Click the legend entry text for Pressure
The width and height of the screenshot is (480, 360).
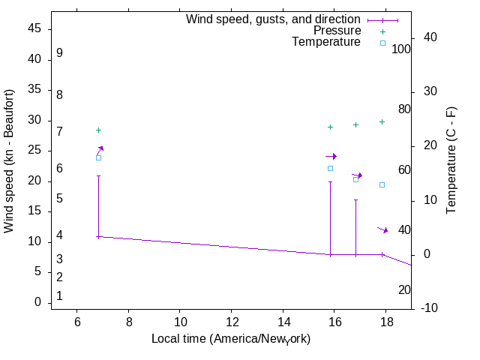tap(337, 31)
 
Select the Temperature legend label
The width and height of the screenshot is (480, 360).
tap(326, 42)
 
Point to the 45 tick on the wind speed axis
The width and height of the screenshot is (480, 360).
tap(35, 29)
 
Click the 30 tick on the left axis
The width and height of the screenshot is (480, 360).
tap(35, 121)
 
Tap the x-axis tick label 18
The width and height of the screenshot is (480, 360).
tap(386, 322)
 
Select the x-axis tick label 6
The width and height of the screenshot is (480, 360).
tap(76, 322)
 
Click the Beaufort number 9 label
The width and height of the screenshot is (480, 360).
tap(59, 53)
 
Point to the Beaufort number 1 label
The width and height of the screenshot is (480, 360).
tap(59, 296)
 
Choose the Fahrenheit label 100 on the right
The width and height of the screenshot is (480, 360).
tap(401, 49)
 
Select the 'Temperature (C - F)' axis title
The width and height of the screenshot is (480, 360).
tap(451, 160)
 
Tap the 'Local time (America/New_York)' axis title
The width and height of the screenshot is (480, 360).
tap(231, 339)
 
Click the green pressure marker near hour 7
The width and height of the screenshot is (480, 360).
tap(98, 130)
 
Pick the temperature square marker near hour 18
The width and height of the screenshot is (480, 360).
tap(382, 184)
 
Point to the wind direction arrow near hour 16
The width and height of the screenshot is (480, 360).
tap(331, 156)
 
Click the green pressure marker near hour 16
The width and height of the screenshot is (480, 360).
tap(330, 127)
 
